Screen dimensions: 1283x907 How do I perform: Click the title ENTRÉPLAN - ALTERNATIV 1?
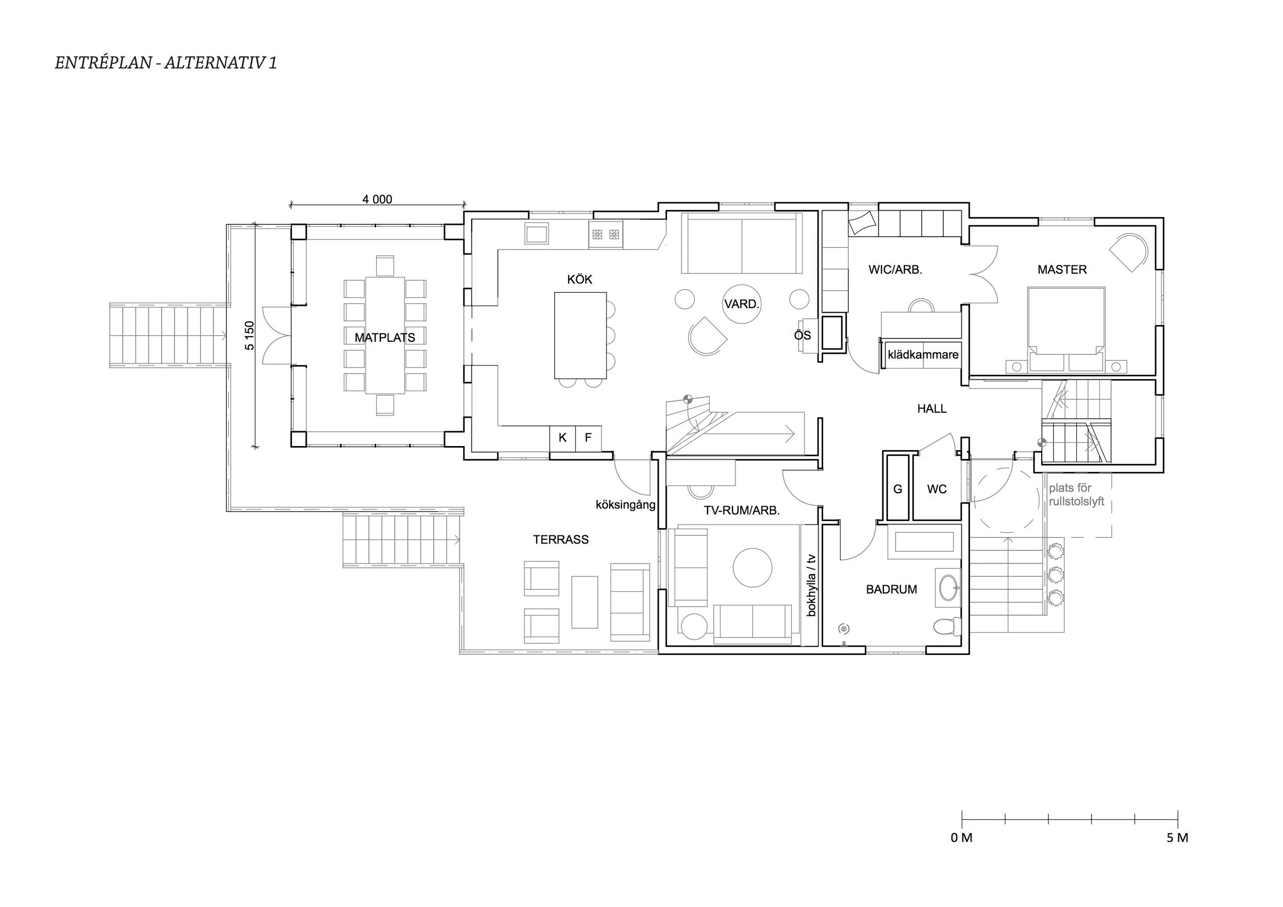coord(166,63)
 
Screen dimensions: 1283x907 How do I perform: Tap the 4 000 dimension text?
coord(377,199)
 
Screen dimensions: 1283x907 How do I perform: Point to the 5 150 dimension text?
coord(249,335)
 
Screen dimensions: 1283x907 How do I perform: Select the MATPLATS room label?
coord(385,338)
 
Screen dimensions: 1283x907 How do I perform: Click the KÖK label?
coord(579,279)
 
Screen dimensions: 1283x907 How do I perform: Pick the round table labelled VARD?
coord(742,304)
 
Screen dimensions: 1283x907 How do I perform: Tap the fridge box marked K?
coord(562,438)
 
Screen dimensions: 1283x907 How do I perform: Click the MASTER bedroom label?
coord(1062,269)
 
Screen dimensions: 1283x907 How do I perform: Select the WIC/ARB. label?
coord(895,269)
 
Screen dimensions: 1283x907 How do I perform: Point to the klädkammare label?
coord(923,354)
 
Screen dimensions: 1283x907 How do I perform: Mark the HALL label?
coord(932,409)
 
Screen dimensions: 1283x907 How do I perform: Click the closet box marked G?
coord(898,489)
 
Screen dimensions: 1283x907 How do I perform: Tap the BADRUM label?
coord(891,589)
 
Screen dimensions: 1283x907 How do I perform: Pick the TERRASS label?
coord(560,539)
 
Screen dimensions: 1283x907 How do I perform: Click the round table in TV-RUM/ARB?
coord(753,568)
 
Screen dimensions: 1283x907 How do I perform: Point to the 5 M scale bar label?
coord(1177,838)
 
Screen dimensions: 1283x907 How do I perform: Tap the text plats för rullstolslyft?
coord(1076,495)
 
